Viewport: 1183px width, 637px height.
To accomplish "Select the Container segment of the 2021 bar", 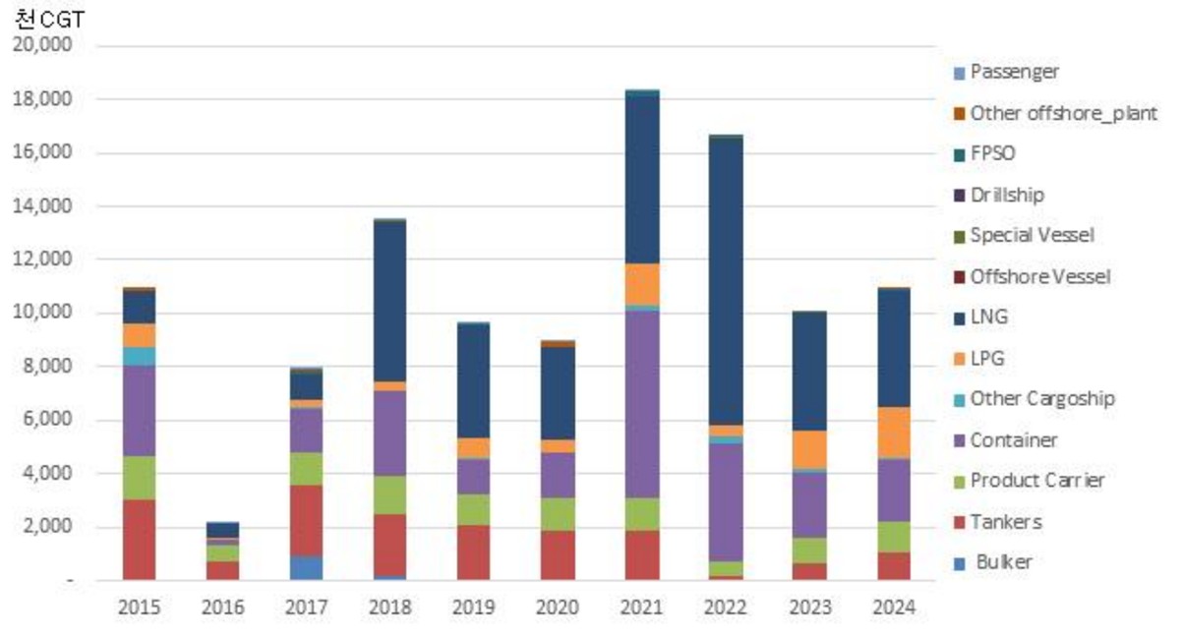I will [643, 404].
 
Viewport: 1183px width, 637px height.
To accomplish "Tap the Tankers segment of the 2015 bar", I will [140, 540].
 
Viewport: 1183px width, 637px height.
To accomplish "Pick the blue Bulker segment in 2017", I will [308, 568].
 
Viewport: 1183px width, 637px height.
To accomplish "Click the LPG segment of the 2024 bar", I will [895, 433].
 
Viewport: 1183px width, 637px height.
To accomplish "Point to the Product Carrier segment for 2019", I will [475, 509].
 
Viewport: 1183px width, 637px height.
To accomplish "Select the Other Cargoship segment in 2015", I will [140, 356].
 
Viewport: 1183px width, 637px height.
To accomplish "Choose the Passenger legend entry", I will [1014, 71].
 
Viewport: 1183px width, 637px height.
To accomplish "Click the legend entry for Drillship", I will [1006, 195].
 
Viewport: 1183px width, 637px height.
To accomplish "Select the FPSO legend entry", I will [992, 153].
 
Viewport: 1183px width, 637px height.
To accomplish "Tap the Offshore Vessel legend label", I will [1039, 276].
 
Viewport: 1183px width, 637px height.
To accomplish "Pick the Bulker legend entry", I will [1002, 563].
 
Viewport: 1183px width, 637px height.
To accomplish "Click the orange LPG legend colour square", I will [960, 359].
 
